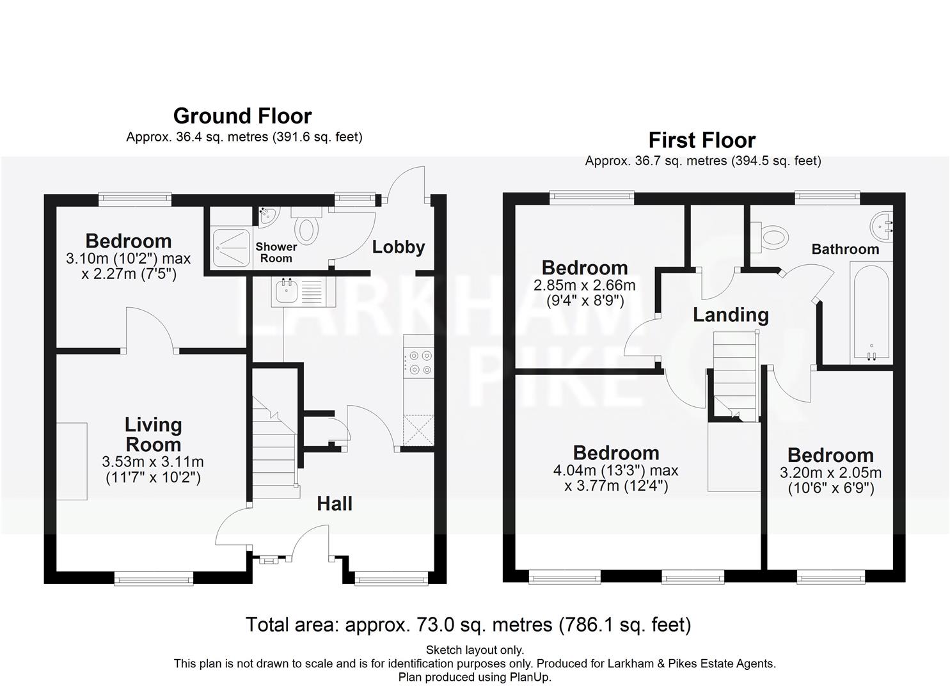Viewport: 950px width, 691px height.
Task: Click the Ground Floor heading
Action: pos(242,116)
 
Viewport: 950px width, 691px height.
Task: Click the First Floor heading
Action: pos(702,140)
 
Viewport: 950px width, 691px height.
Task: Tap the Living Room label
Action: pos(153,434)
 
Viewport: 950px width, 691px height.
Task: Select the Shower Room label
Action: pos(276,252)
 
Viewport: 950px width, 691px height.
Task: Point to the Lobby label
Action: pos(399,247)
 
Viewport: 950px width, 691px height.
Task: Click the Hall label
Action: pos(335,504)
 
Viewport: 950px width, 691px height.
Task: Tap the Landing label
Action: pos(731,315)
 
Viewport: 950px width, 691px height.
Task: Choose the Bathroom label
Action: pos(845,249)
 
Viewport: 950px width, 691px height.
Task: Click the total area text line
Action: pos(468,624)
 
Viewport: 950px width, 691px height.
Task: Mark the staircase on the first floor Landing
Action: pos(734,374)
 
